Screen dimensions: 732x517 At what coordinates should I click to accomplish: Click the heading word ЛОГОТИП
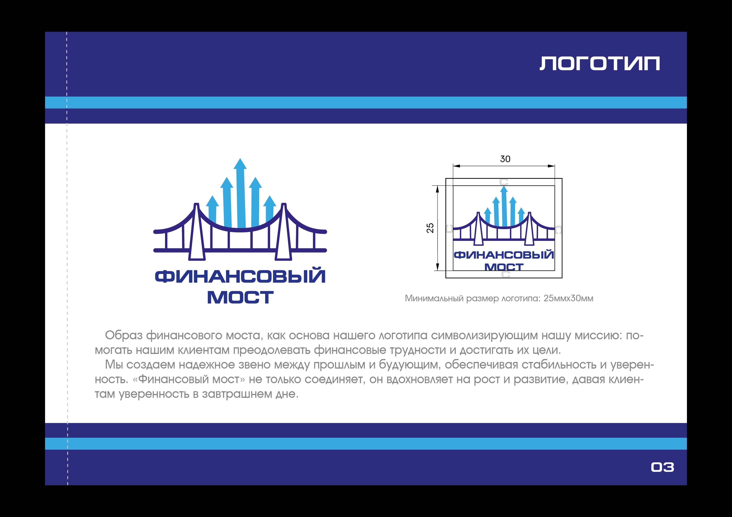pyautogui.click(x=599, y=64)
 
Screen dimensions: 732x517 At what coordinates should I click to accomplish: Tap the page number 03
pyautogui.click(x=662, y=467)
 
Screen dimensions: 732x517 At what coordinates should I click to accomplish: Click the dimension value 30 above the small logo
pyautogui.click(x=505, y=159)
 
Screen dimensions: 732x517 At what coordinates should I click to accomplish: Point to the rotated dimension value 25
pyautogui.click(x=430, y=228)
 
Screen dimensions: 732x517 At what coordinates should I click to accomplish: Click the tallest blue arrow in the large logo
pyautogui.click(x=240, y=193)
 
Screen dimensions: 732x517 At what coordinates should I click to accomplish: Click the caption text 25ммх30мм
pyautogui.click(x=568, y=298)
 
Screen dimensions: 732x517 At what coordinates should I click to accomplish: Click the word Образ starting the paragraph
pyautogui.click(x=124, y=336)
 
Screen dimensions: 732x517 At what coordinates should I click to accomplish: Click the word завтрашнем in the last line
pyautogui.click(x=237, y=394)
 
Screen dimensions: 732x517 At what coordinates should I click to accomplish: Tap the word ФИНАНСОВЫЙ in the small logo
pyautogui.click(x=504, y=255)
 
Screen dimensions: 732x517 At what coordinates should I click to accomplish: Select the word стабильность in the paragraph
pyautogui.click(x=559, y=365)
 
